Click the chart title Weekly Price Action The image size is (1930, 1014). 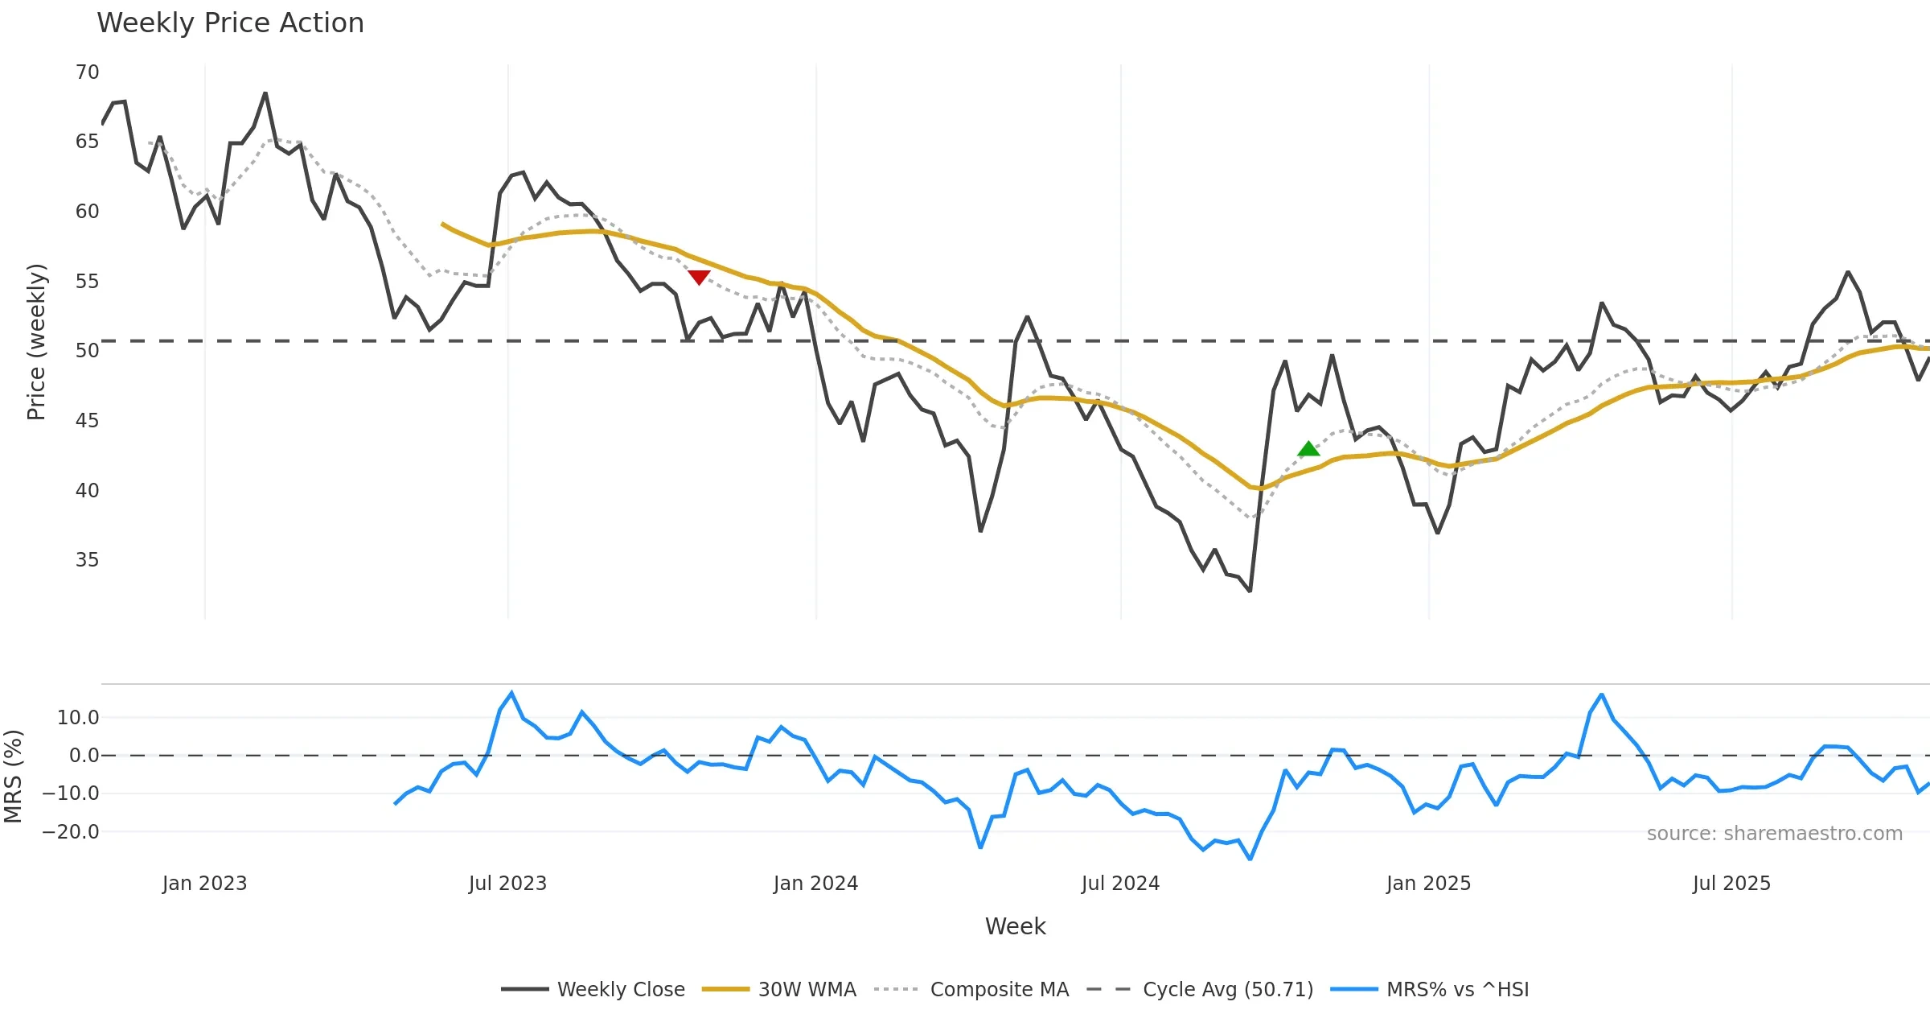[230, 23]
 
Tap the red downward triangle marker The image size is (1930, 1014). [699, 277]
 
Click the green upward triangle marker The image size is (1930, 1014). [1308, 449]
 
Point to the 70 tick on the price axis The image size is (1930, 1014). [87, 72]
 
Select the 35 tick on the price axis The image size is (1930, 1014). [87, 560]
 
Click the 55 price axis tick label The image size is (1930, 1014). [87, 282]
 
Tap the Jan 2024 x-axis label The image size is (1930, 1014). [815, 884]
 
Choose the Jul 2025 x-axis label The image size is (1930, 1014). [1731, 884]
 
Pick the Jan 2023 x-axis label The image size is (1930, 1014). [204, 884]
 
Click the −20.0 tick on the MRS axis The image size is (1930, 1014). [71, 832]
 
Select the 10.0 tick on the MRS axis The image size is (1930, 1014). [77, 718]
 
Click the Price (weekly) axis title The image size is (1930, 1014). [36, 342]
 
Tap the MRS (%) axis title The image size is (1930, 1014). [13, 777]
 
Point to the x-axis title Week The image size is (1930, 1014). [1015, 927]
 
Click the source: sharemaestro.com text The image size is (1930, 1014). [1774, 834]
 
